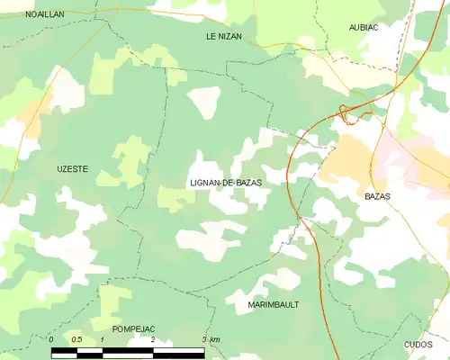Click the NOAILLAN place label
click(x=44, y=15)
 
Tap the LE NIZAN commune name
click(x=224, y=36)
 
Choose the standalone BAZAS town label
click(x=377, y=195)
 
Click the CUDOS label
click(x=418, y=345)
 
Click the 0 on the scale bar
click(x=51, y=339)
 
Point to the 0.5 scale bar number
click(x=76, y=339)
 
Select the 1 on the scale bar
click(x=103, y=339)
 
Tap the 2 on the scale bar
click(x=153, y=339)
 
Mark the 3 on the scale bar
click(x=205, y=339)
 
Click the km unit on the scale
click(x=216, y=339)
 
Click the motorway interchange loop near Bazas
click(x=343, y=111)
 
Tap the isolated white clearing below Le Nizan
click(x=203, y=102)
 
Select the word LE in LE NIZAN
click(x=212, y=36)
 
